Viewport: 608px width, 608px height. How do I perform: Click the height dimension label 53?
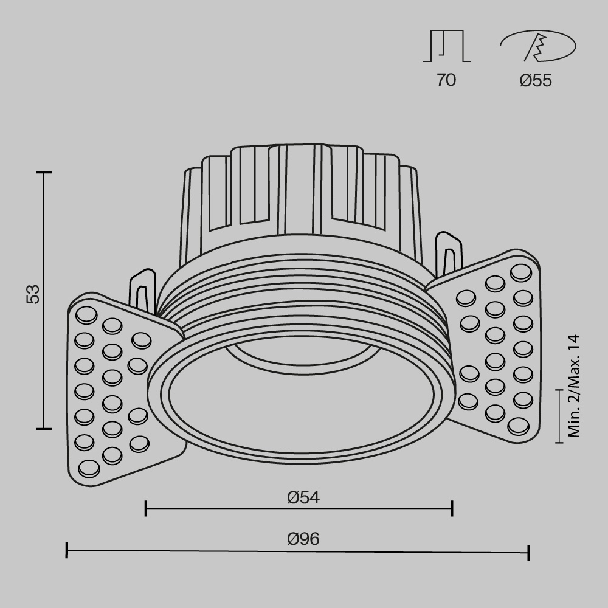coord(34,294)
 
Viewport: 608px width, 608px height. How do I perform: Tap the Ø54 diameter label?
coord(303,497)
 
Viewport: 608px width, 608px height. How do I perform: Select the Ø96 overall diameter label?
coord(303,539)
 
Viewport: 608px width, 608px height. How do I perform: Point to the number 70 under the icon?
coord(446,80)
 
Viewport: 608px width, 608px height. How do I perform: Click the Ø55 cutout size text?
coord(536,80)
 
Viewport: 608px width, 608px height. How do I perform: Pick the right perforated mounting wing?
coord(496,347)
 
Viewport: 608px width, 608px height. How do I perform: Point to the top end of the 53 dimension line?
coord(44,173)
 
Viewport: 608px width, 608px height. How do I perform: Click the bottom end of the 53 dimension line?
coord(44,429)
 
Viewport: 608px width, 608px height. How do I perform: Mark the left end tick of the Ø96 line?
coord(66,551)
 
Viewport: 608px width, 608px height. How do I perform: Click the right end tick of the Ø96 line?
coord(529,552)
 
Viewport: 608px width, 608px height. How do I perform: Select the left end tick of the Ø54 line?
coord(146,508)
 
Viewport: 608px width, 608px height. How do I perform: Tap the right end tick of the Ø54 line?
coord(452,508)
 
